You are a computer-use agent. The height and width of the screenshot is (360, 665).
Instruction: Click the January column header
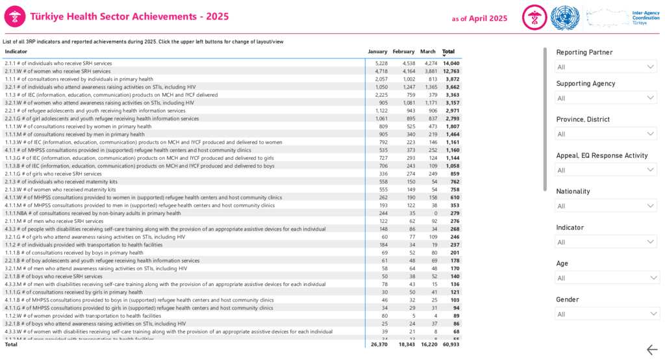(x=377, y=51)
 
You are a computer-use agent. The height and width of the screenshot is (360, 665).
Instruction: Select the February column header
(x=403, y=51)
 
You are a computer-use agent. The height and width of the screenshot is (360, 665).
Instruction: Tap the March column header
(x=428, y=51)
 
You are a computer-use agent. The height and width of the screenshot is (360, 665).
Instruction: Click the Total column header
(x=448, y=51)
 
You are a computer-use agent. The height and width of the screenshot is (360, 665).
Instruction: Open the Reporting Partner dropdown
(x=606, y=67)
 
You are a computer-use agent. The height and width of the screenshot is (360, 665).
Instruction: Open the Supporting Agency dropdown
(x=606, y=98)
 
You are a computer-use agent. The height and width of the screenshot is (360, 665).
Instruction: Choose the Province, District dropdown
(x=606, y=134)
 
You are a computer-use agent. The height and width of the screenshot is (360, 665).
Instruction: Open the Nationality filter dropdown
(x=606, y=206)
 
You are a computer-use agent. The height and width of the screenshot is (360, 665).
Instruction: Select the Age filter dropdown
(x=606, y=278)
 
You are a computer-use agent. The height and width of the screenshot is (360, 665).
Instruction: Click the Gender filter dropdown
(x=606, y=314)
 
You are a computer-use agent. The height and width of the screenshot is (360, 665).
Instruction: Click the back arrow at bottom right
(x=652, y=350)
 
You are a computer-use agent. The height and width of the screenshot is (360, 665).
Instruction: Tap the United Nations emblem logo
(x=564, y=18)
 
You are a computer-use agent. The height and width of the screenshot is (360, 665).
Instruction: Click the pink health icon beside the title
(x=15, y=18)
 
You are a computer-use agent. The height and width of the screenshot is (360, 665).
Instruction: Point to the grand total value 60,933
(x=451, y=344)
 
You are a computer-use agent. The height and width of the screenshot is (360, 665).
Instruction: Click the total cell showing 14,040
(x=451, y=63)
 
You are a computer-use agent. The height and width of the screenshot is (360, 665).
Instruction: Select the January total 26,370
(x=379, y=344)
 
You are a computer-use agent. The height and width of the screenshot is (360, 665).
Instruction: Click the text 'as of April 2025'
(x=479, y=18)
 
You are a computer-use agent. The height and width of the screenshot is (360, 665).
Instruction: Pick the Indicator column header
(x=16, y=51)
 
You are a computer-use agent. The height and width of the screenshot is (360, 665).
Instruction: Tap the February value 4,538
(x=404, y=63)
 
